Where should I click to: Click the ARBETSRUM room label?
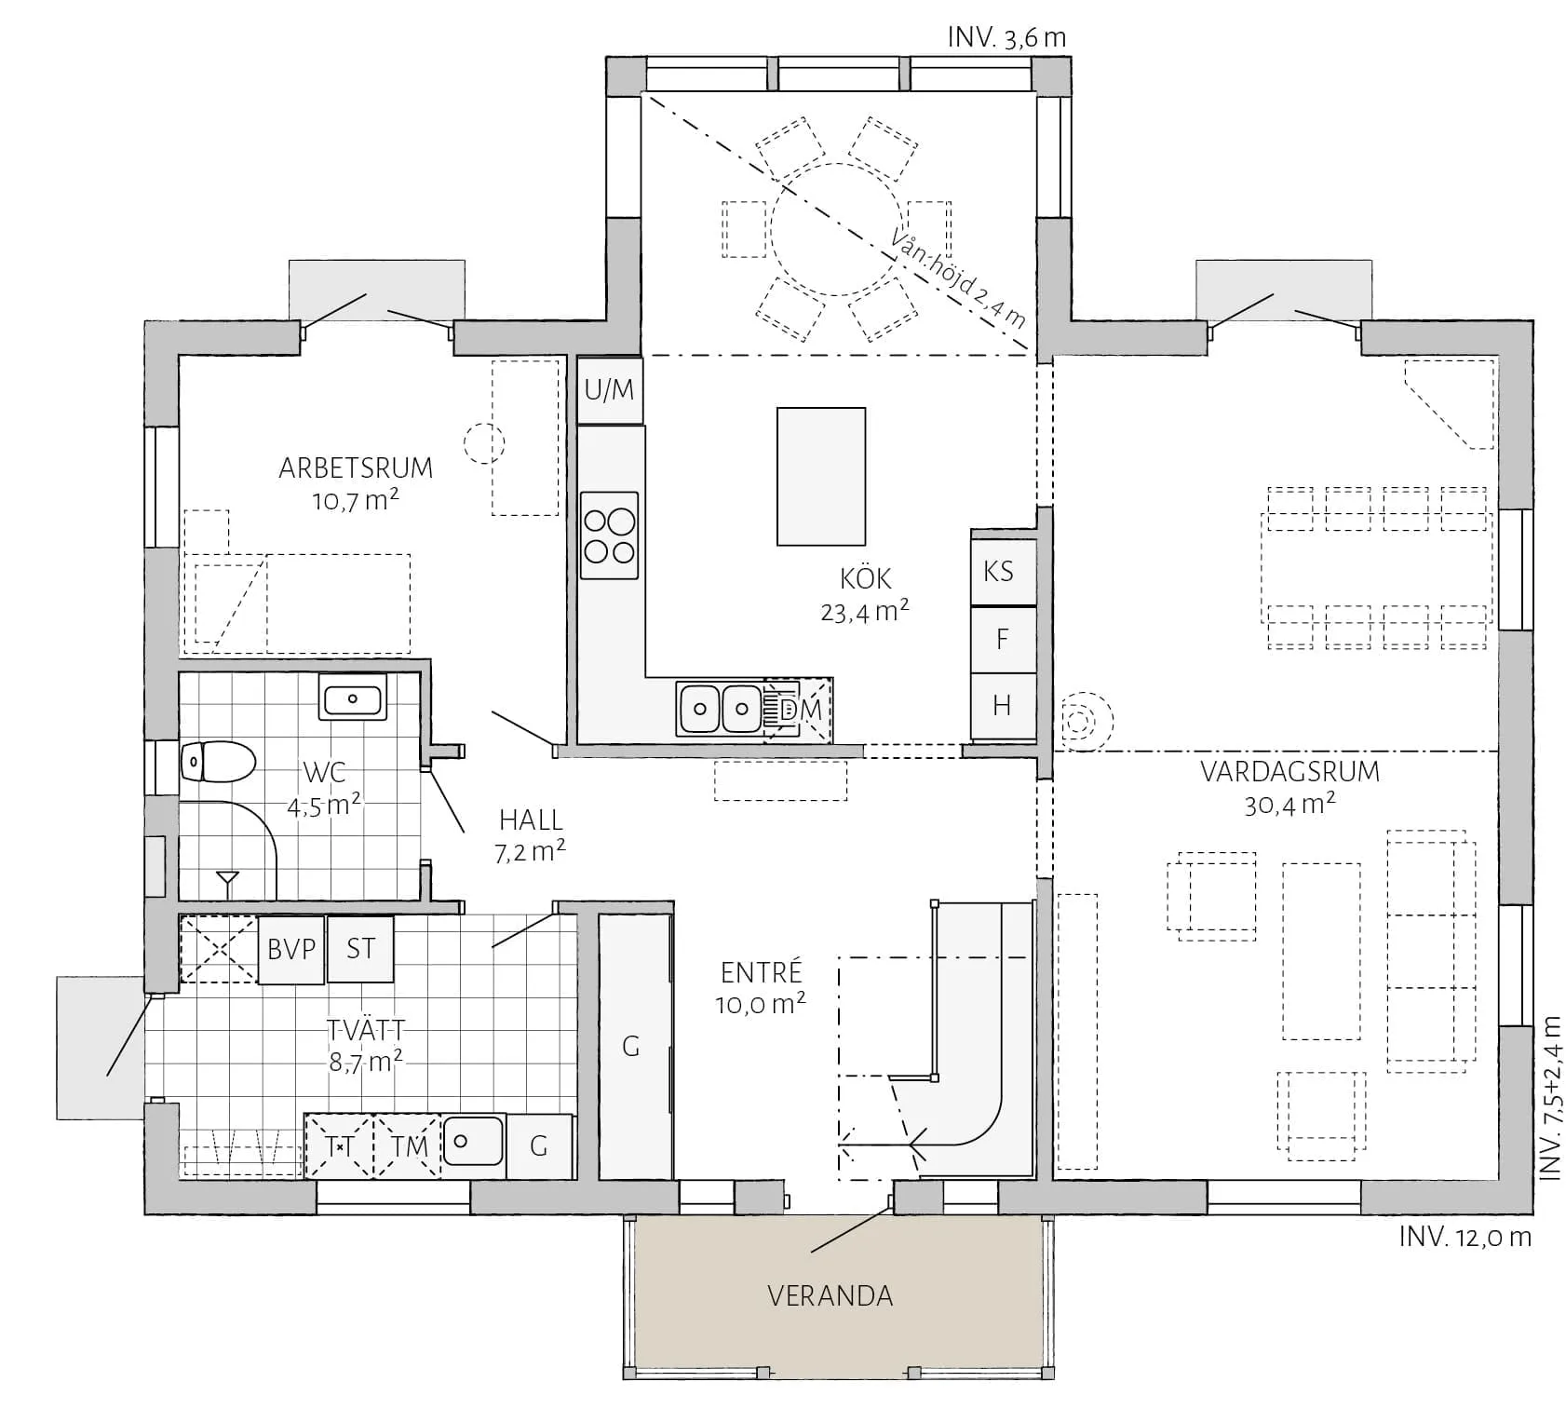(x=356, y=467)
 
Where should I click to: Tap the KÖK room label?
(x=866, y=578)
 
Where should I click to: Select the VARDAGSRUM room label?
(x=1289, y=772)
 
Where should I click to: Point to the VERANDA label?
(x=830, y=1295)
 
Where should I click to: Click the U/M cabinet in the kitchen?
(x=610, y=390)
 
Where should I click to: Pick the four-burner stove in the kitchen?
(x=610, y=535)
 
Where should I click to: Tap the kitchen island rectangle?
(x=821, y=476)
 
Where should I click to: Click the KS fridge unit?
(x=1004, y=571)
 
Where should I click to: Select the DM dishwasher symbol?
(x=798, y=710)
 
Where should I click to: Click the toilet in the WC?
(x=217, y=762)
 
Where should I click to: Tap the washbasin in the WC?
(x=353, y=698)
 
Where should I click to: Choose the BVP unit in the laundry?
(x=291, y=950)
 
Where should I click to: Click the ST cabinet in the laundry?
(x=360, y=949)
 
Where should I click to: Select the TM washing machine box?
(x=408, y=1145)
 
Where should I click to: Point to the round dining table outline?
(x=836, y=230)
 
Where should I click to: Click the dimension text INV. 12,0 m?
(x=1465, y=1237)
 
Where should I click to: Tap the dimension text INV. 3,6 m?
(x=1006, y=38)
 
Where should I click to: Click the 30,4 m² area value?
(x=1289, y=804)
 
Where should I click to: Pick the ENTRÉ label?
(x=762, y=972)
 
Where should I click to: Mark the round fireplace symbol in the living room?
(x=1082, y=721)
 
